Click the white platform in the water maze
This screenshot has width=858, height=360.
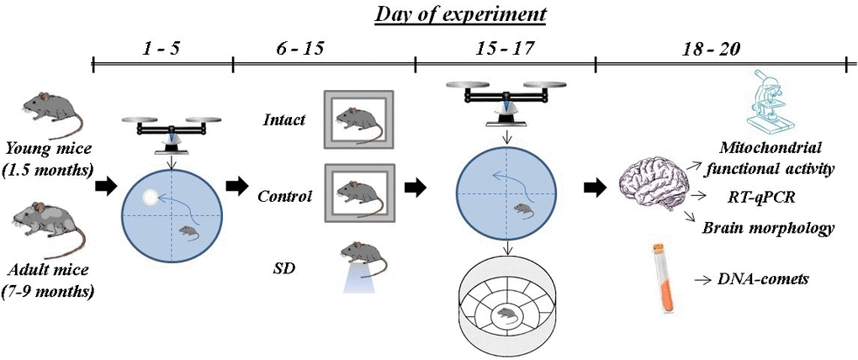(x=147, y=198)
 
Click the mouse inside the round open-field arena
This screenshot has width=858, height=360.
(x=507, y=315)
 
